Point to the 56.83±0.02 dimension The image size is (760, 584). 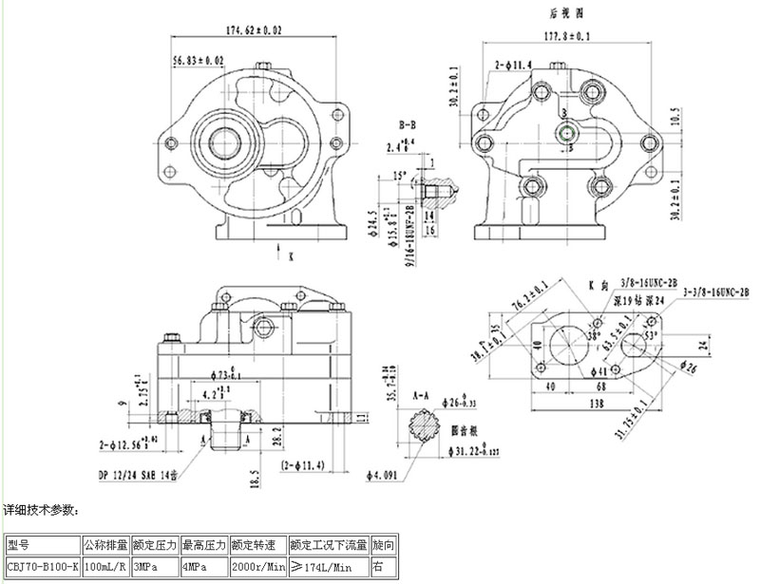coord(199,60)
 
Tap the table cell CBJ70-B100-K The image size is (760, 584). coord(43,567)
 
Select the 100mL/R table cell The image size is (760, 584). coord(106,567)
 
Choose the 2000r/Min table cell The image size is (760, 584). coord(257,567)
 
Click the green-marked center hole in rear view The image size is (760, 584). coord(566,134)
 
